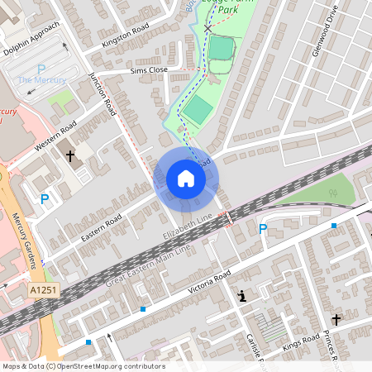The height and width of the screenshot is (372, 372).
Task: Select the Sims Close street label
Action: click(x=149, y=71)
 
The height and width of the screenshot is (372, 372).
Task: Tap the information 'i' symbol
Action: click(x=242, y=295)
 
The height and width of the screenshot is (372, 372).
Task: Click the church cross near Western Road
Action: click(x=70, y=155)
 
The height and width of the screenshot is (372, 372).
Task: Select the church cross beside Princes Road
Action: click(x=336, y=319)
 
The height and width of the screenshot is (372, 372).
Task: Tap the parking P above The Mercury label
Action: click(x=41, y=70)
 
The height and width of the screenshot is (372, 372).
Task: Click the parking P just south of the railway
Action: click(x=263, y=229)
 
